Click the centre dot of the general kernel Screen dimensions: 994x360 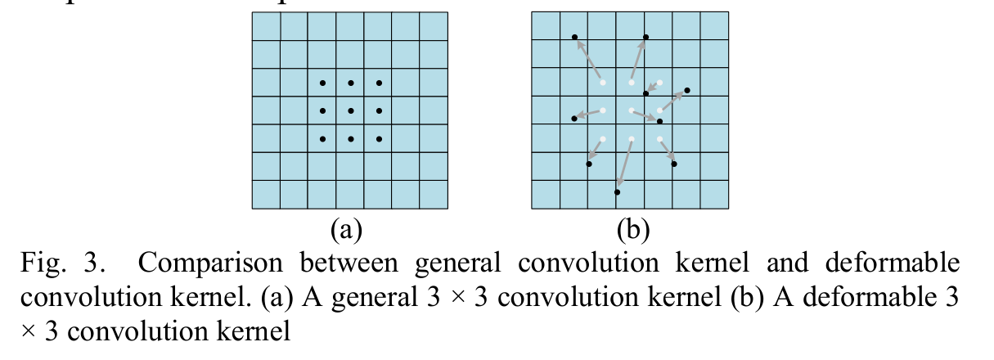[350, 110]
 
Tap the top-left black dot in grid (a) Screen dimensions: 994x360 [322, 83]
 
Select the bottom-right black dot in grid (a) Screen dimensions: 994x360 [379, 139]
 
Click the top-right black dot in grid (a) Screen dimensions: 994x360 [379, 83]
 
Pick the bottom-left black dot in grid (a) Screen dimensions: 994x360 [322, 139]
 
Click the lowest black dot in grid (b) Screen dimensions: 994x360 [617, 192]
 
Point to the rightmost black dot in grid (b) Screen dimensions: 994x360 [687, 90]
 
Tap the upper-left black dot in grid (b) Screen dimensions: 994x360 [574, 37]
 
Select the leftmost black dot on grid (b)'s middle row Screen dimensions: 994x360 [574, 119]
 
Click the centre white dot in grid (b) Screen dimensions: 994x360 [632, 110]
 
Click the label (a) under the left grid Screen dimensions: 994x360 [346, 230]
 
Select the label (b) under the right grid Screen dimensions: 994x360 [632, 230]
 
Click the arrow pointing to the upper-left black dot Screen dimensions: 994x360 [588, 60]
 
